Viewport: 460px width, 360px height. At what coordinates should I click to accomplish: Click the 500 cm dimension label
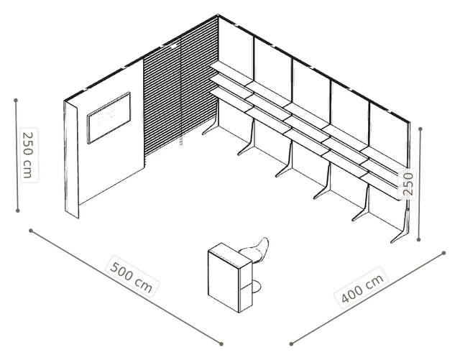pos(132,277)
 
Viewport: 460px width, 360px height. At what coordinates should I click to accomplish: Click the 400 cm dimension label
pos(362,287)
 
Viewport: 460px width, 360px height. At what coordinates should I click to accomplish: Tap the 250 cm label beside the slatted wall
pos(29,155)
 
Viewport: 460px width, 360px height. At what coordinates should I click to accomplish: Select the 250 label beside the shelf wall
pos(408,184)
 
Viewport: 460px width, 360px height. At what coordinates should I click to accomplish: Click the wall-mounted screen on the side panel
pos(109,118)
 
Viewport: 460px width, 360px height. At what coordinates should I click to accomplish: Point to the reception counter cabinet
pos(230,277)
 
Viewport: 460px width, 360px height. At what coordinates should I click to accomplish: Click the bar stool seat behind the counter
pos(256,250)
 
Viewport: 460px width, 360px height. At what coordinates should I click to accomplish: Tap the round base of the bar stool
pos(256,287)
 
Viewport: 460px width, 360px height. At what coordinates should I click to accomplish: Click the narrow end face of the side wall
pos(71,160)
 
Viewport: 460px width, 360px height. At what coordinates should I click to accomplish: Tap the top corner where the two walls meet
pos(218,14)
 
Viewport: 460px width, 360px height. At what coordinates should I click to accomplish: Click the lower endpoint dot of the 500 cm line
pos(221,344)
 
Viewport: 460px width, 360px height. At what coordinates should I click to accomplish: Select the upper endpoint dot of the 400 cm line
pos(444,253)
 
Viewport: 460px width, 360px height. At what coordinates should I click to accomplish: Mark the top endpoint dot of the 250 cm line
pos(16,101)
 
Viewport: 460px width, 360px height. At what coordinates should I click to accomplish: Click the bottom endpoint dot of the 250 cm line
pos(17,211)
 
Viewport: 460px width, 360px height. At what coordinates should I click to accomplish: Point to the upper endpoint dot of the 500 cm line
pos(30,231)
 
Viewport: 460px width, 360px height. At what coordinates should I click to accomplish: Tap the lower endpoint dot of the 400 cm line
pos(291,344)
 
